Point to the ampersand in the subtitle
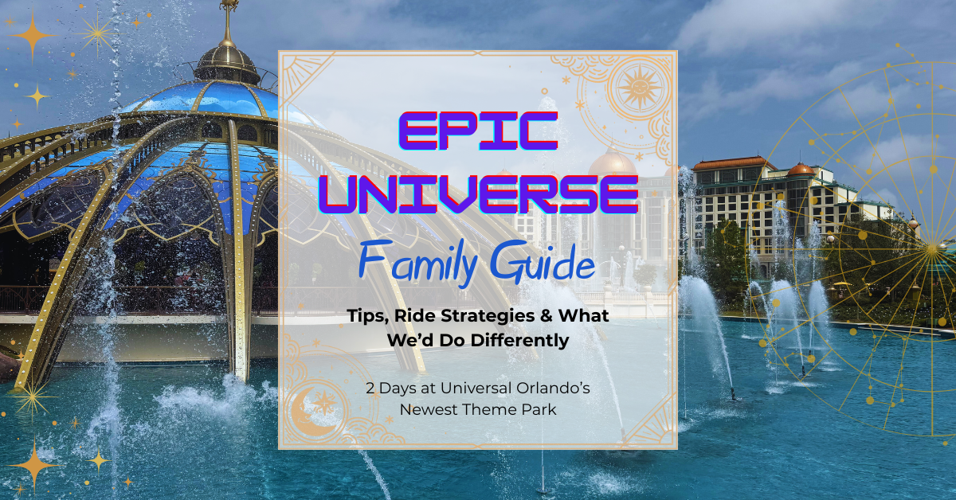[x=543, y=316]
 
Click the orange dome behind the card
[x=612, y=162]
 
